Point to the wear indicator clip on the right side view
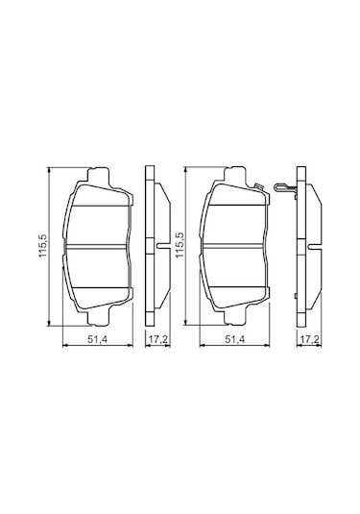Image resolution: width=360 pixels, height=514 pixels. click(x=279, y=187)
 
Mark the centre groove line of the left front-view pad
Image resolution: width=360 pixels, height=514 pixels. click(x=96, y=247)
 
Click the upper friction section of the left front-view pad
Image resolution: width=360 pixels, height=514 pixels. click(x=96, y=216)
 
